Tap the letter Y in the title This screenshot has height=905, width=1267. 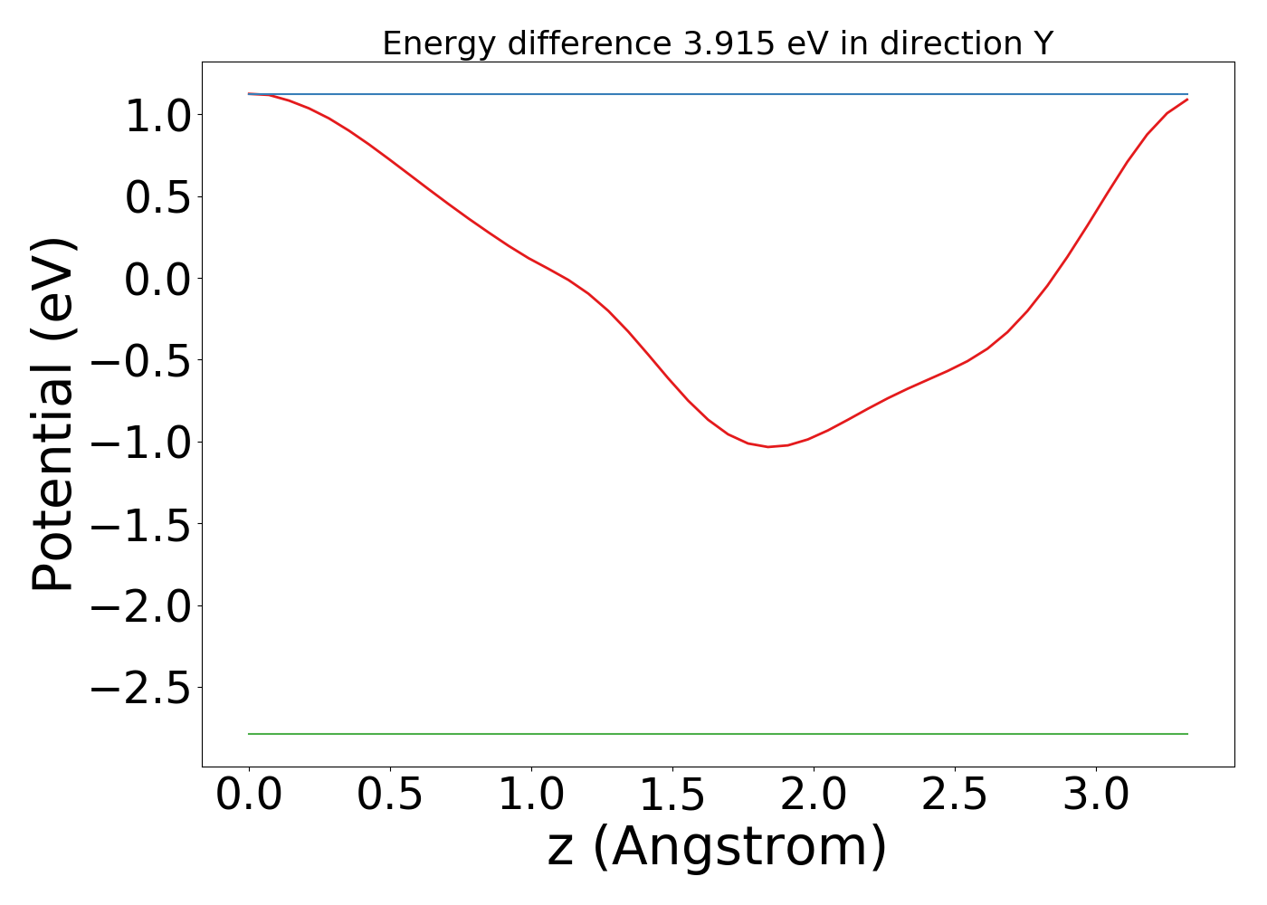(x=1043, y=43)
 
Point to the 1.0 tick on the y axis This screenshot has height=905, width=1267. (x=158, y=116)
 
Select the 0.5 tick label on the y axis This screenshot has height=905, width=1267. (x=158, y=197)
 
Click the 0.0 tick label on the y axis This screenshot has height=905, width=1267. (x=158, y=279)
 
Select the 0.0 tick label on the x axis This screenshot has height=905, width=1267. (x=249, y=795)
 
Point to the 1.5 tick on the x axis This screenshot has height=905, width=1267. (x=672, y=795)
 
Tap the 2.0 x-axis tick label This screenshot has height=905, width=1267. (x=814, y=795)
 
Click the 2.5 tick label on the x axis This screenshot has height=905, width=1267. (x=955, y=795)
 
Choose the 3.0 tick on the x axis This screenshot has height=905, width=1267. (x=1096, y=795)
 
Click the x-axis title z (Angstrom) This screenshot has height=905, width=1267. (x=717, y=847)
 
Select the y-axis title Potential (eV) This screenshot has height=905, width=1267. (x=54, y=414)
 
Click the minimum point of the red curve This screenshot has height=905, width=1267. (x=768, y=446)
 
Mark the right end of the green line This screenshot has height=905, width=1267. (x=1186, y=734)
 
